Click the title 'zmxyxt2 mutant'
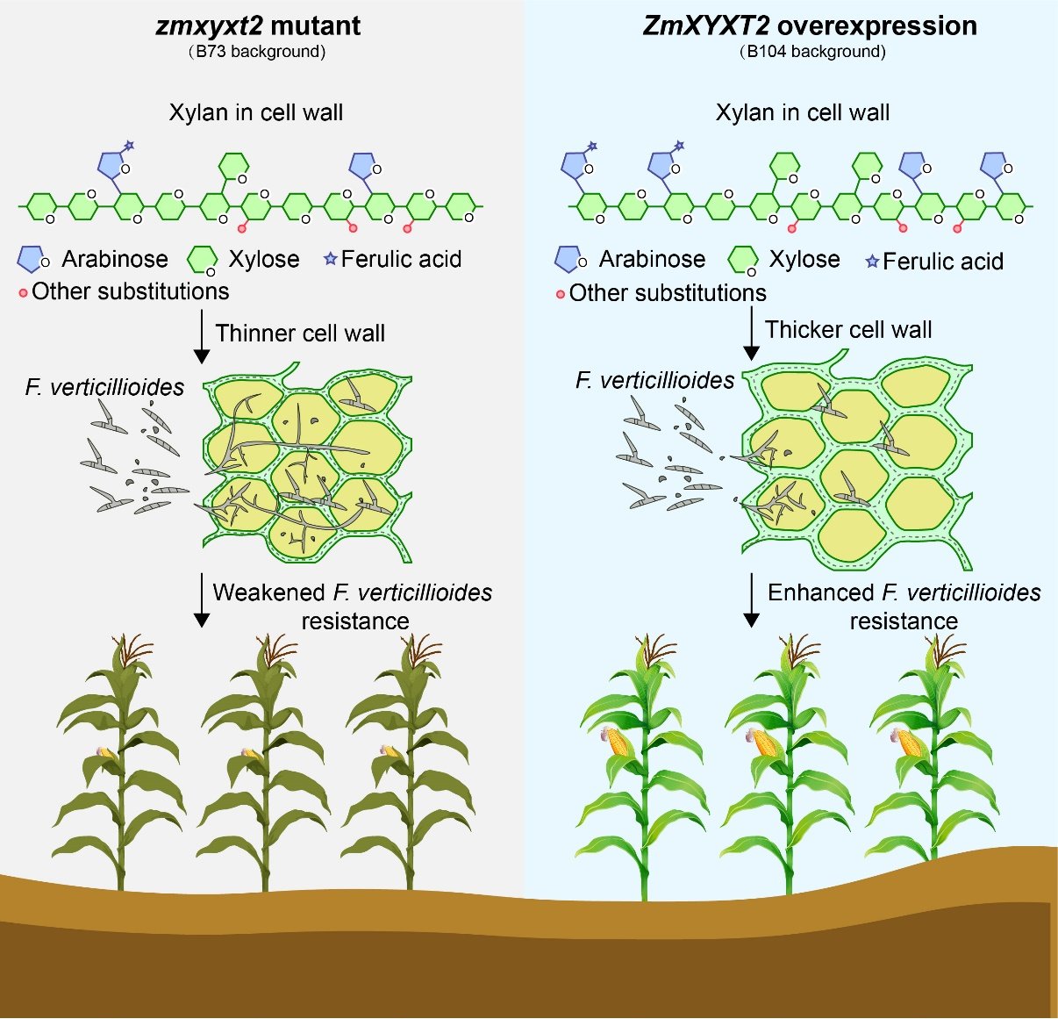point(258,25)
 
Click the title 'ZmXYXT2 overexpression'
point(810,25)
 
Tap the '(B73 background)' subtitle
point(257,52)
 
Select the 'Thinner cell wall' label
point(300,334)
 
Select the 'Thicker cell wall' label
point(848,330)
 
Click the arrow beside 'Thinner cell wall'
point(202,338)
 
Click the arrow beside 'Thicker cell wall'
point(751,334)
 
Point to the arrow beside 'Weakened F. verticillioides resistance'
point(202,600)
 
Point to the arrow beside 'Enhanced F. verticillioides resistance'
point(751,600)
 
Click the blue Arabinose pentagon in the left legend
point(32,259)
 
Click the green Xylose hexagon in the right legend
point(743,260)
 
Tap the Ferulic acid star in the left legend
point(331,259)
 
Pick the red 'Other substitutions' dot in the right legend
point(561,295)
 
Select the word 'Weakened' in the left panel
point(268,592)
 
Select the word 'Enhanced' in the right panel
point(820,592)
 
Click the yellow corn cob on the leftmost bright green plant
point(619,743)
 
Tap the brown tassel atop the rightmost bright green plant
point(944,649)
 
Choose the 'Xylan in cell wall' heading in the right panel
point(803,113)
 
